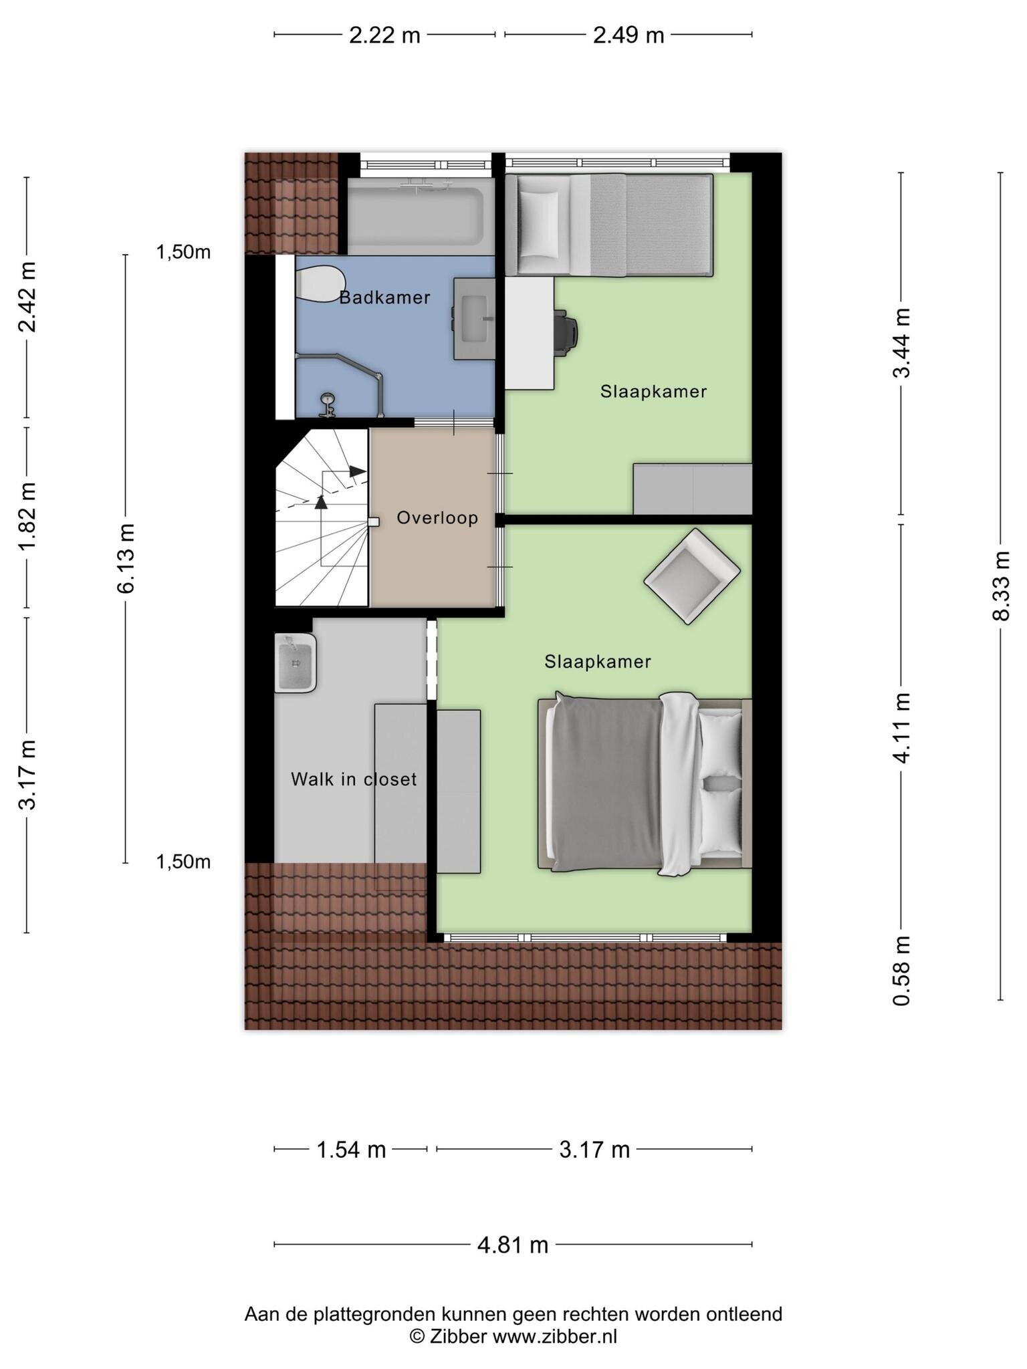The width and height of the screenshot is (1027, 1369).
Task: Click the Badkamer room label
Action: [x=384, y=297]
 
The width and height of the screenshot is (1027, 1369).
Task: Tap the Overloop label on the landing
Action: [x=437, y=517]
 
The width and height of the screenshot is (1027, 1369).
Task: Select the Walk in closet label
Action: [x=354, y=779]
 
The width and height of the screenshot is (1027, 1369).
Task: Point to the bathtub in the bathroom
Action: [x=415, y=216]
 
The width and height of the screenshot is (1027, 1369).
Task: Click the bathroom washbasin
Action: [x=474, y=319]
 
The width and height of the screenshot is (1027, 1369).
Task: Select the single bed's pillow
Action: [x=539, y=224]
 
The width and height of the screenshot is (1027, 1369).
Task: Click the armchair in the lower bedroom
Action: [x=692, y=576]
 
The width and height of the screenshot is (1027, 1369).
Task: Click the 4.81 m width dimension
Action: [x=513, y=1245]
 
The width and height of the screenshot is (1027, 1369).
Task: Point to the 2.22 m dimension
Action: [x=384, y=35]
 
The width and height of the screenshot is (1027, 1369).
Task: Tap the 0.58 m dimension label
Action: [x=901, y=970]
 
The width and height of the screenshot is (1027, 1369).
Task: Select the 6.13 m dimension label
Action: [x=126, y=559]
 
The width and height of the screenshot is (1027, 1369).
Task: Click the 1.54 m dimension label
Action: [x=351, y=1150]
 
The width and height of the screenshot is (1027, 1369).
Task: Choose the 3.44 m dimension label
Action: [x=901, y=343]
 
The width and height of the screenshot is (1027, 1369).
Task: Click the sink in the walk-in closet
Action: [x=295, y=663]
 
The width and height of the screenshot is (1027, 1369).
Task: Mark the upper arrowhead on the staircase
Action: [x=358, y=471]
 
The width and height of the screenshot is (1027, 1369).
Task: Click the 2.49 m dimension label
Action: [x=629, y=35]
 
